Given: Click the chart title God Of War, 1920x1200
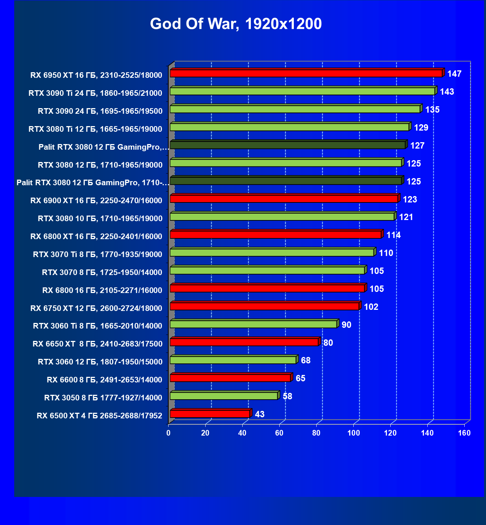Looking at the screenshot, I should [x=236, y=24].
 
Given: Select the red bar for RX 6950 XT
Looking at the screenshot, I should [x=306, y=73].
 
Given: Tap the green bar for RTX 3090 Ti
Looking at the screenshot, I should [x=302, y=91].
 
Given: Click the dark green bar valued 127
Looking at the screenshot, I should [x=287, y=145].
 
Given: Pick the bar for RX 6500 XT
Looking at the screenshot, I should [x=210, y=414].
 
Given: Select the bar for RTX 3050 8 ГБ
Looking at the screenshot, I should [x=224, y=396].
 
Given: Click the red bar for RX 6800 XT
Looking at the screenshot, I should [x=275, y=235].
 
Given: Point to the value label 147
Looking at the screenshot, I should [x=454, y=74].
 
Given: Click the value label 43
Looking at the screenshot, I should [x=259, y=414].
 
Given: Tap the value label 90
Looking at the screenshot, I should [x=346, y=325].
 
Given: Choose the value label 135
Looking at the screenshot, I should [x=432, y=110].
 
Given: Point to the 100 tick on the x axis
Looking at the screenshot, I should [x=354, y=433].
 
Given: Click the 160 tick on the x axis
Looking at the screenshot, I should [x=464, y=433].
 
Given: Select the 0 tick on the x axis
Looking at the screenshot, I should [x=169, y=433].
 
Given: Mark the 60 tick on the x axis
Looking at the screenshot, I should [x=279, y=433].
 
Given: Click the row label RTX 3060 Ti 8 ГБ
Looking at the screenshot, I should [x=98, y=326].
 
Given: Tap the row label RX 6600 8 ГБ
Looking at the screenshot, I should [x=104, y=380].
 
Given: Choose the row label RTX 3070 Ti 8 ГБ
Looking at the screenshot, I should [x=98, y=254].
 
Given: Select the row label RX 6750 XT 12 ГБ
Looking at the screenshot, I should [x=96, y=308].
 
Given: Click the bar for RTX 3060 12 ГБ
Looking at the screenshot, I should [x=233, y=360].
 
